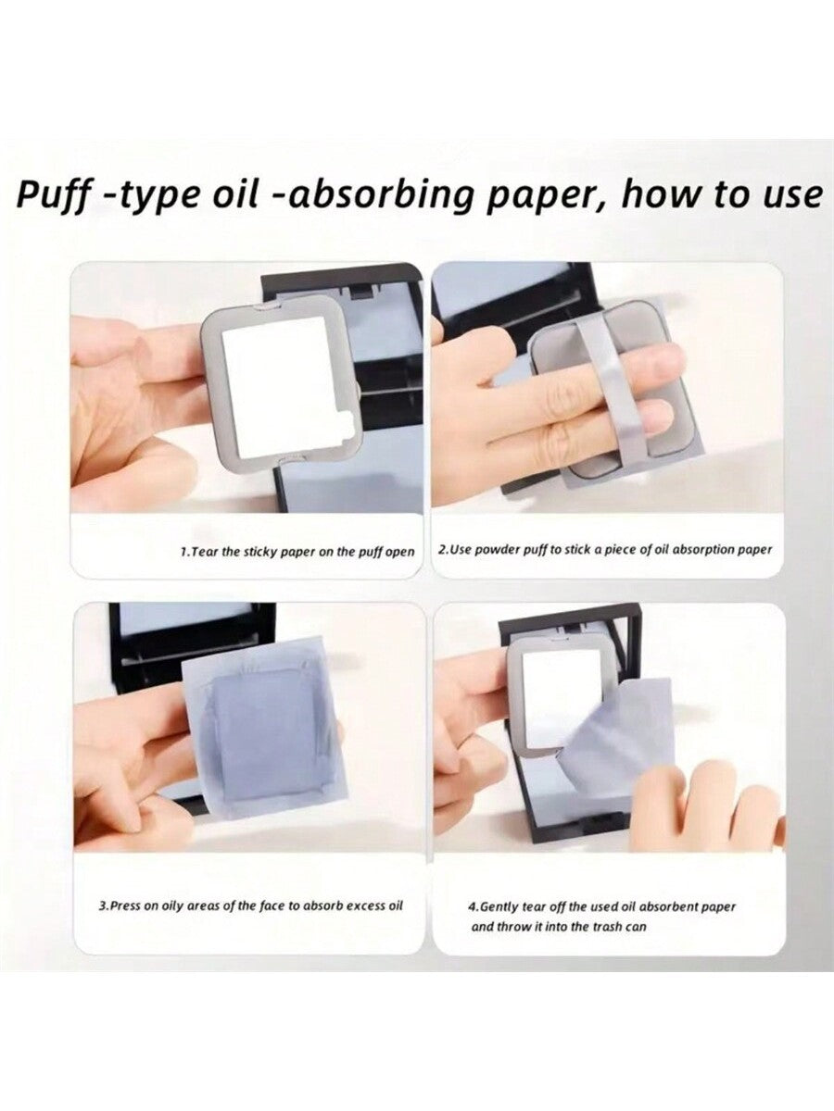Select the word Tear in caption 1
click(x=205, y=552)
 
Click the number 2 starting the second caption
click(x=440, y=550)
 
